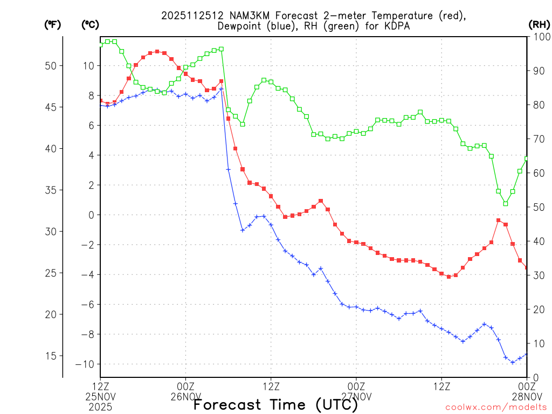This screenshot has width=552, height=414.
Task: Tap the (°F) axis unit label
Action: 52,24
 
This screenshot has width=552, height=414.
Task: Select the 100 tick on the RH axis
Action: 539,37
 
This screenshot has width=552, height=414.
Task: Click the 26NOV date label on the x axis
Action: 186,396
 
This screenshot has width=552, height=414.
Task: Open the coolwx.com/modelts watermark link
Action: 496,407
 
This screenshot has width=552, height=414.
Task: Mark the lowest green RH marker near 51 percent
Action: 506,203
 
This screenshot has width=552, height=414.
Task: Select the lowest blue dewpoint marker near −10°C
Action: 513,362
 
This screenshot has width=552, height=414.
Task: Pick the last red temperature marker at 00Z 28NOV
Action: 527,267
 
